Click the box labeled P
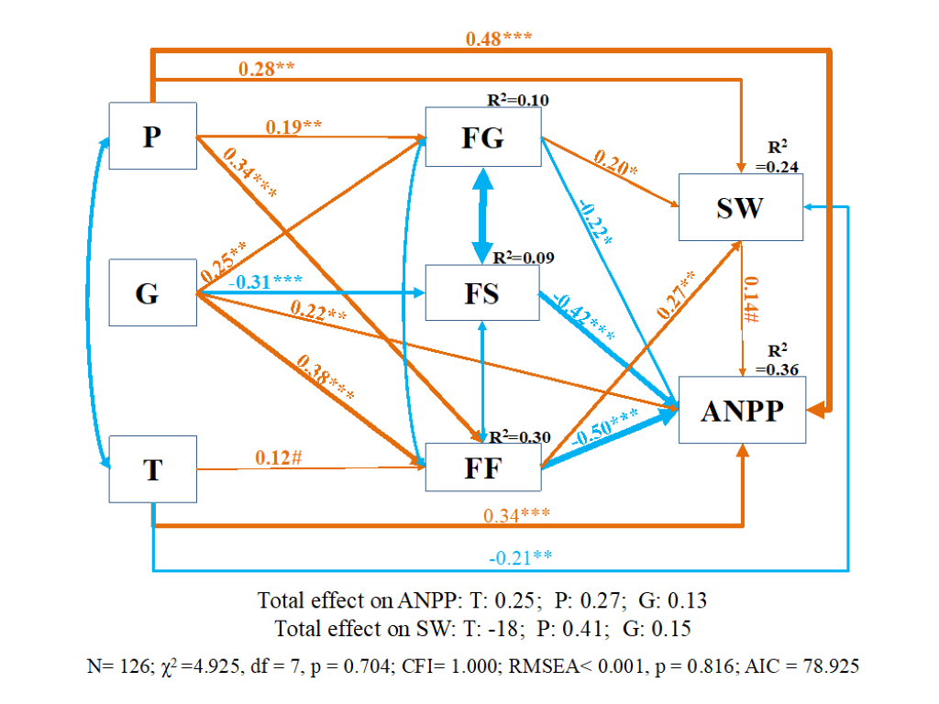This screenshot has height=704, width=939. tap(152, 136)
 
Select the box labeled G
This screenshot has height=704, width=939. tap(152, 292)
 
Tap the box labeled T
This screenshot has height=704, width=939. tap(152, 468)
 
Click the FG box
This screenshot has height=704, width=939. tap(482, 137)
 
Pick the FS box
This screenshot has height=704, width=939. tap(482, 292)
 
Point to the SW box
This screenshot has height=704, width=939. tap(740, 208)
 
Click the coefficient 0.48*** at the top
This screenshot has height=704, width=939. tap(499, 38)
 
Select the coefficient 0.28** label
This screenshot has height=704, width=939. tap(267, 69)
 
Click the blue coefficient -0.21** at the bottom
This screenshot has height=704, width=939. tap(519, 557)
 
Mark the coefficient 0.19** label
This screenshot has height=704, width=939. tap(293, 126)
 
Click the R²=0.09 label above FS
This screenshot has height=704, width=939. tap(524, 258)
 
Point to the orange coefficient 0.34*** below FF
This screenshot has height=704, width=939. tap(517, 514)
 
